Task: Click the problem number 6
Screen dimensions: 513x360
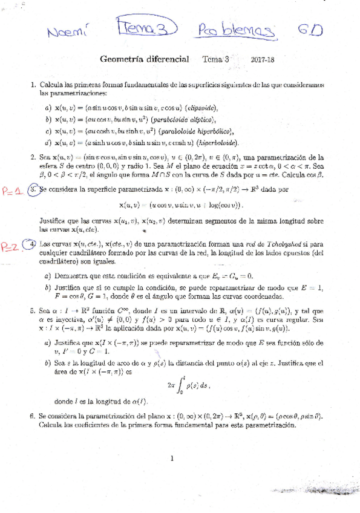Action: coord(32,417)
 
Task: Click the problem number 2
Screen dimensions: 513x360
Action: coord(33,156)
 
